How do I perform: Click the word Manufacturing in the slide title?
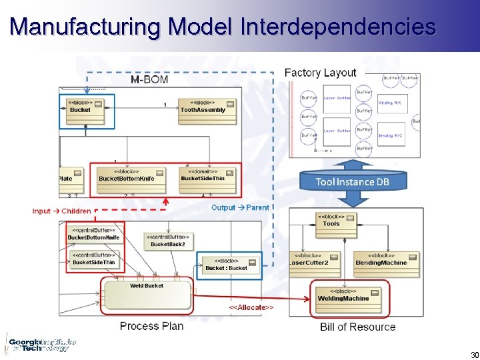(x=85, y=27)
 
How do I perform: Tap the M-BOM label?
(x=149, y=79)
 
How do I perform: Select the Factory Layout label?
(x=320, y=73)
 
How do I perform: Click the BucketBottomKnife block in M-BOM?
(x=127, y=175)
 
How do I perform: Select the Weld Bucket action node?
(x=147, y=293)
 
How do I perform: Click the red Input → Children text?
(x=61, y=211)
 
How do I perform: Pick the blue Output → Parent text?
(x=240, y=207)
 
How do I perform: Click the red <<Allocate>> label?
(x=251, y=307)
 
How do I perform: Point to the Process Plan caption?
(x=151, y=326)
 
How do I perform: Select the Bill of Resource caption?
(x=357, y=327)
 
